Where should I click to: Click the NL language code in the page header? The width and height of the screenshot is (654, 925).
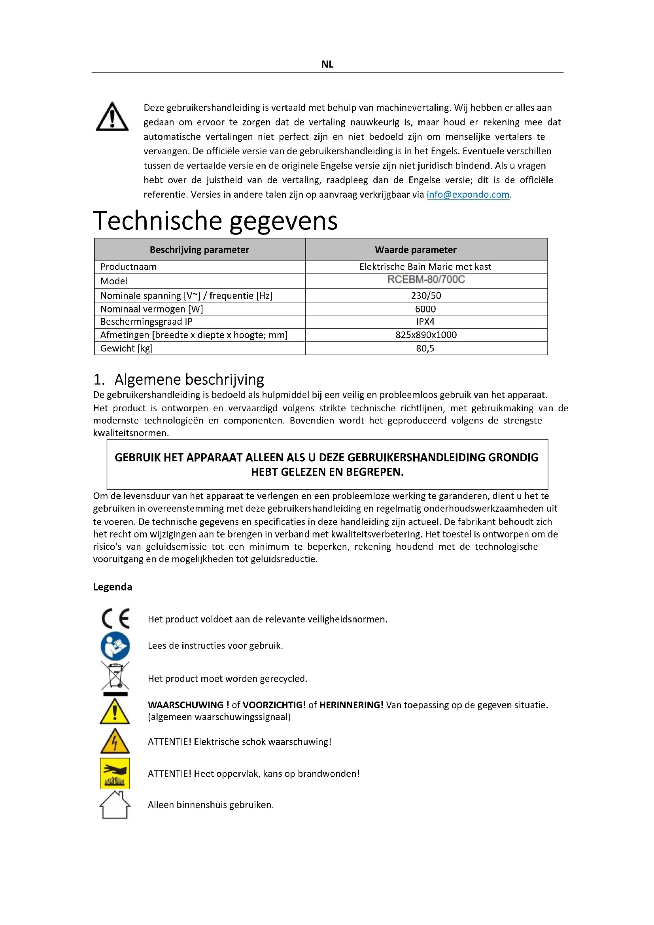(x=327, y=64)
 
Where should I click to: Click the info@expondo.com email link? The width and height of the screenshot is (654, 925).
(x=468, y=195)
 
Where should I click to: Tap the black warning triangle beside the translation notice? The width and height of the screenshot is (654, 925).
(x=112, y=117)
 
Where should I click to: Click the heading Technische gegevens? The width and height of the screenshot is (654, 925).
(x=215, y=221)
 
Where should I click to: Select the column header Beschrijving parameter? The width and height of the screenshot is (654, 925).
(x=199, y=250)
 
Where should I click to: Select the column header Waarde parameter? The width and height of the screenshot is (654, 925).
(x=416, y=250)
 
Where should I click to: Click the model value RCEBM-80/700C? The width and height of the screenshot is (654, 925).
(x=426, y=280)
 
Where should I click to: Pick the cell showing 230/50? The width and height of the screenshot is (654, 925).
(x=426, y=296)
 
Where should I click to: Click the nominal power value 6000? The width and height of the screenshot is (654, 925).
(x=425, y=309)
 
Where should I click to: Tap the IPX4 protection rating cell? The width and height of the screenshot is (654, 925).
(x=425, y=322)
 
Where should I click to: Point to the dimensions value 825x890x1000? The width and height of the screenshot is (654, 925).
(x=426, y=335)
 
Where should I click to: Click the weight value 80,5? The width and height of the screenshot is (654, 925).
(x=425, y=348)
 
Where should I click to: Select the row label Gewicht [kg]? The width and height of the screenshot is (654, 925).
(x=127, y=348)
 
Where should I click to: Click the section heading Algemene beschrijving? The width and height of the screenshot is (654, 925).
(x=189, y=380)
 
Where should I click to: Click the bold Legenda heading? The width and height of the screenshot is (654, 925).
(x=112, y=587)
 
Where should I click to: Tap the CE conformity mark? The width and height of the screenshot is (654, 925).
(x=115, y=619)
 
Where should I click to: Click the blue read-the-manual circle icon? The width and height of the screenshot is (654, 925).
(x=115, y=646)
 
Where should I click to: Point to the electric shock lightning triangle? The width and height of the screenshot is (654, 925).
(x=115, y=742)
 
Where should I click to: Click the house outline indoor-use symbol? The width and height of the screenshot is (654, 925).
(x=115, y=805)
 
